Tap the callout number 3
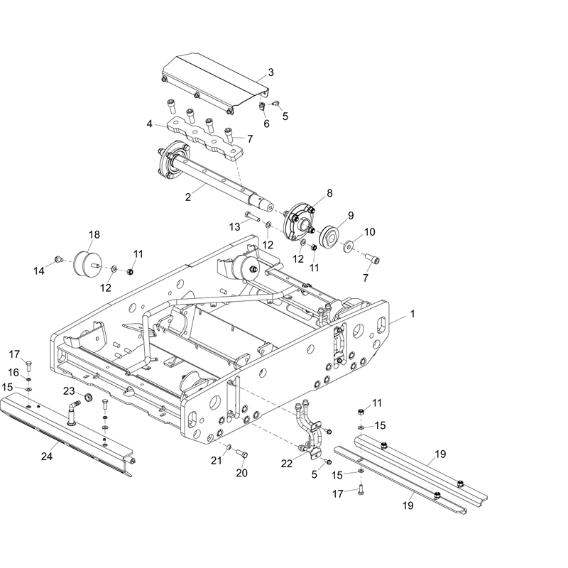click(271, 72)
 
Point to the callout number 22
click(286, 464)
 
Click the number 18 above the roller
click(94, 235)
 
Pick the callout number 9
click(350, 215)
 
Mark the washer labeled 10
click(348, 248)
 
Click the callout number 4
click(150, 124)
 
